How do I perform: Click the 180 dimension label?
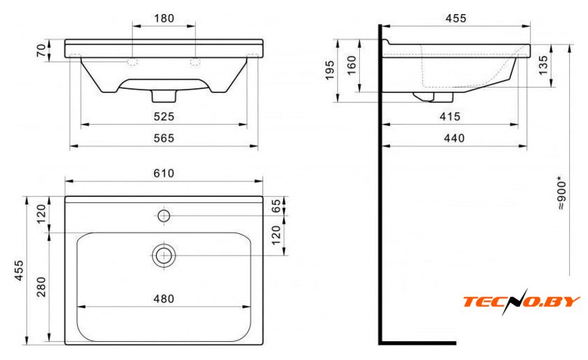[x=164, y=18]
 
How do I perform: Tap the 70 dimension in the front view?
[x=41, y=50]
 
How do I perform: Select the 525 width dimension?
[x=164, y=116]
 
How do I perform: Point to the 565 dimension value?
[x=164, y=138]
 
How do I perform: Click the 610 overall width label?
[x=164, y=173]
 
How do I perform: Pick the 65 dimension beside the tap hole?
[x=276, y=206]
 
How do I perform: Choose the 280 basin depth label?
[x=41, y=286]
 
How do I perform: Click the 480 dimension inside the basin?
[x=164, y=299]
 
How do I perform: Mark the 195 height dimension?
[x=329, y=70]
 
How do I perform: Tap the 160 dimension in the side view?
[x=351, y=65]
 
